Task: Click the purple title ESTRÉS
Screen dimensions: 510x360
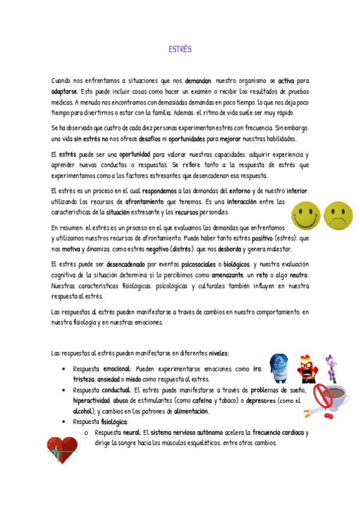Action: click(x=180, y=50)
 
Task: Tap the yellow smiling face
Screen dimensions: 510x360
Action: click(x=307, y=215)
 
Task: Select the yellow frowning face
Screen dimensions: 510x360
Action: click(x=338, y=215)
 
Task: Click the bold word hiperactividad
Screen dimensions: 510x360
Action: click(x=91, y=400)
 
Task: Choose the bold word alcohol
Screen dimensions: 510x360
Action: click(x=83, y=411)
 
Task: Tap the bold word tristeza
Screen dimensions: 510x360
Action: click(x=84, y=379)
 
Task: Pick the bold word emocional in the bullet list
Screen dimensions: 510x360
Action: click(x=117, y=369)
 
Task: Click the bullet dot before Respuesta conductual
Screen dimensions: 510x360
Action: click(x=63, y=390)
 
